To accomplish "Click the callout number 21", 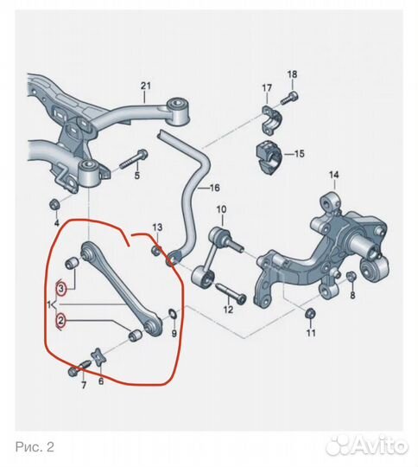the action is click(x=145, y=86).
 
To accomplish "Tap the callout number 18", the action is click(x=292, y=74).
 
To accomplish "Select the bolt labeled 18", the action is click(x=290, y=99).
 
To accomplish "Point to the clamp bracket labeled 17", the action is click(x=271, y=119).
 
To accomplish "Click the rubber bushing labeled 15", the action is click(x=268, y=157).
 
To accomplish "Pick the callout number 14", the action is click(x=334, y=175).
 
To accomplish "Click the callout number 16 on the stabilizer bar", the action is click(x=214, y=188).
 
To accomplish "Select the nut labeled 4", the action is click(x=54, y=205).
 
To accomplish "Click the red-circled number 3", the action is click(x=61, y=289).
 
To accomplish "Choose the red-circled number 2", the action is click(x=61, y=321).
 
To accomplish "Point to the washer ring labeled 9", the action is click(x=173, y=313).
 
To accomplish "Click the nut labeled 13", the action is click(x=156, y=251).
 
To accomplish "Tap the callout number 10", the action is click(x=221, y=209).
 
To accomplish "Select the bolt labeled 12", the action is click(x=231, y=293).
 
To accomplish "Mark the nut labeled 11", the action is click(x=310, y=314).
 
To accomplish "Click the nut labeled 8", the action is click(x=351, y=277).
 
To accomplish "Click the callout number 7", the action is click(x=84, y=386).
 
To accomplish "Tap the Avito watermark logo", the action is click(x=367, y=446).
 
